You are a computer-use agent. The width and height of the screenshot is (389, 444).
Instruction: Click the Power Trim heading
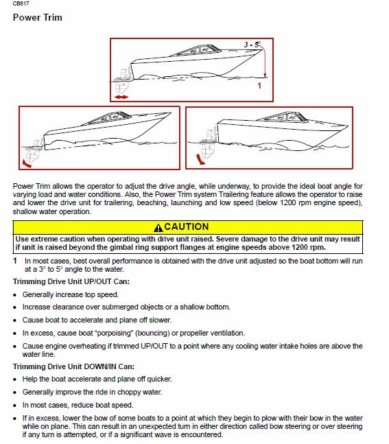coord(37,17)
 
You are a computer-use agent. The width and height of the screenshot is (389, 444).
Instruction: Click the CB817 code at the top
coord(21,3)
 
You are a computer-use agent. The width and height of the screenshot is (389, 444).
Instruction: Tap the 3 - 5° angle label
coord(252,45)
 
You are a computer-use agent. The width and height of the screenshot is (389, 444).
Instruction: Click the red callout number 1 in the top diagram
coord(259,85)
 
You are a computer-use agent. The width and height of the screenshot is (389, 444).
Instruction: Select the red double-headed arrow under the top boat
coord(121,97)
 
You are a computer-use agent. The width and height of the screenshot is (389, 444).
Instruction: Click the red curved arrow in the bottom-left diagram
coord(27,164)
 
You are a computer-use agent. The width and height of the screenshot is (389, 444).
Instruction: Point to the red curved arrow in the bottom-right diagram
coord(200,159)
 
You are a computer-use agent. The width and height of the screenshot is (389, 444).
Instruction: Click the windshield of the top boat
coord(199,50)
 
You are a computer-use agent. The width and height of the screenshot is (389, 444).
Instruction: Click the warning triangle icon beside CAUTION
coord(158,227)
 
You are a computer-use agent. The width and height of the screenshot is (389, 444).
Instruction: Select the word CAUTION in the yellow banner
coord(187,227)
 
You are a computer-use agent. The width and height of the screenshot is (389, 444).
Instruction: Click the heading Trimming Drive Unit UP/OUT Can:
coord(71,281)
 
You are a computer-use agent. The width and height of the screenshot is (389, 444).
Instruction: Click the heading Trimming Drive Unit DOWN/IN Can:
coord(73,366)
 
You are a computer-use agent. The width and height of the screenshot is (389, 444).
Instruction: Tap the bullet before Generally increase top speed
coord(15,295)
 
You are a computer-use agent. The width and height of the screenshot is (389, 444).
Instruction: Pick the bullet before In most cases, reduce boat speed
coord(15,406)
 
